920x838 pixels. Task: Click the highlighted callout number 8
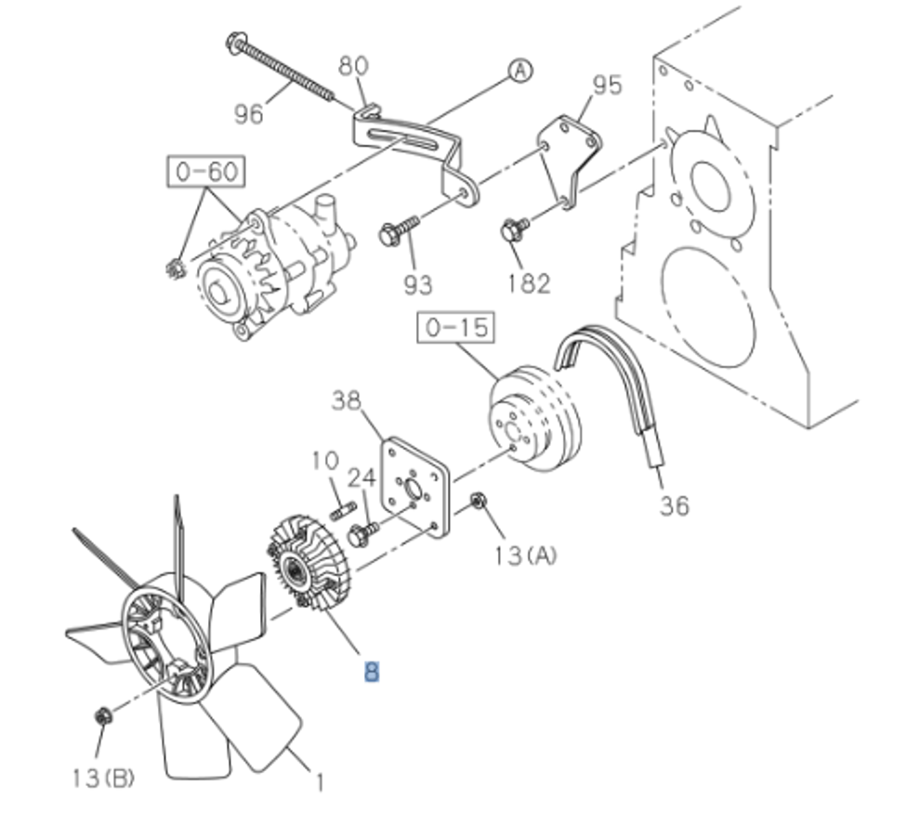pyautogui.click(x=371, y=671)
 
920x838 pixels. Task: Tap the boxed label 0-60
pyautogui.click(x=206, y=173)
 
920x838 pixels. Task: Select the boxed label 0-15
pyautogui.click(x=456, y=329)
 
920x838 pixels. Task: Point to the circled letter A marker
pyautogui.click(x=520, y=71)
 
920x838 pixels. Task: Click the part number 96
pyautogui.click(x=249, y=113)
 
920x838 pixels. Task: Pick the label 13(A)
pyautogui.click(x=525, y=556)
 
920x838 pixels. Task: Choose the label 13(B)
pyautogui.click(x=103, y=778)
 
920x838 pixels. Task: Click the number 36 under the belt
pyautogui.click(x=675, y=505)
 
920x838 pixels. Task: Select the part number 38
pyautogui.click(x=346, y=400)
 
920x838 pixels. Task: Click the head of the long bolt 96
pyautogui.click(x=235, y=42)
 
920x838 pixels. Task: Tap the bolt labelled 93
pyautogui.click(x=392, y=232)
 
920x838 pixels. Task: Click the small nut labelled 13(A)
pyautogui.click(x=478, y=502)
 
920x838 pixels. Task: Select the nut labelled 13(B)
pyautogui.click(x=103, y=716)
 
